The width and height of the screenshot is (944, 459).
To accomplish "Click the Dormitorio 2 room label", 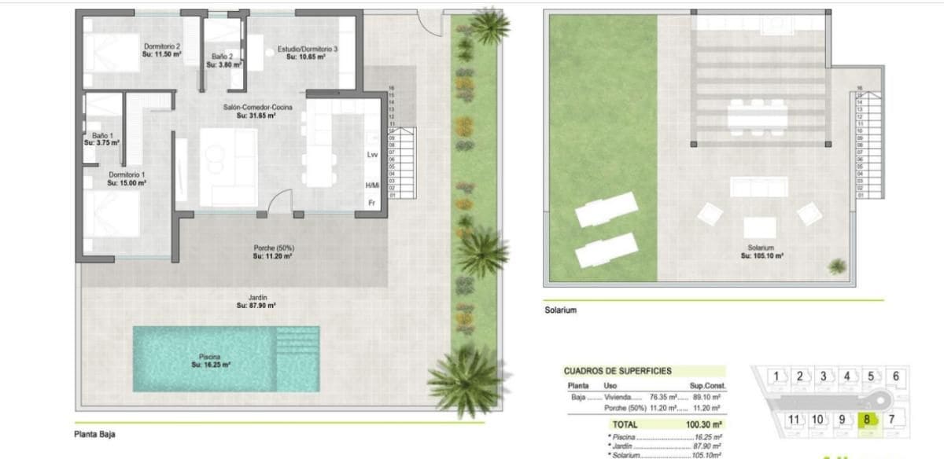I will (x=161, y=46).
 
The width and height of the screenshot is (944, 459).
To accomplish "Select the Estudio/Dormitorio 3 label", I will (x=308, y=49).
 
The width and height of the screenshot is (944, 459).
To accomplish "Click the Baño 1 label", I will (x=101, y=135).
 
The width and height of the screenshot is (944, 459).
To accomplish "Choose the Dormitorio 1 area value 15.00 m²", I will (x=127, y=182).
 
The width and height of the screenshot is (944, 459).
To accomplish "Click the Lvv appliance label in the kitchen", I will (x=373, y=155).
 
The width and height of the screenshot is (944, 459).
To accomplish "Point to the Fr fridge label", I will (x=371, y=203).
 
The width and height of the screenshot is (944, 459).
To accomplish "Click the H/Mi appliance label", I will (x=373, y=185).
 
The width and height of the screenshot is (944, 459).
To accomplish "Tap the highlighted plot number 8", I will (x=867, y=419).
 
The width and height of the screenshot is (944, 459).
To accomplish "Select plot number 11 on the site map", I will (x=794, y=419).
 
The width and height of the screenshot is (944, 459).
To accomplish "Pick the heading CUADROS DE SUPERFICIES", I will (x=617, y=371).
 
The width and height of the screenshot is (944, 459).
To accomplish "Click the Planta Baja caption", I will (x=95, y=433).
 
